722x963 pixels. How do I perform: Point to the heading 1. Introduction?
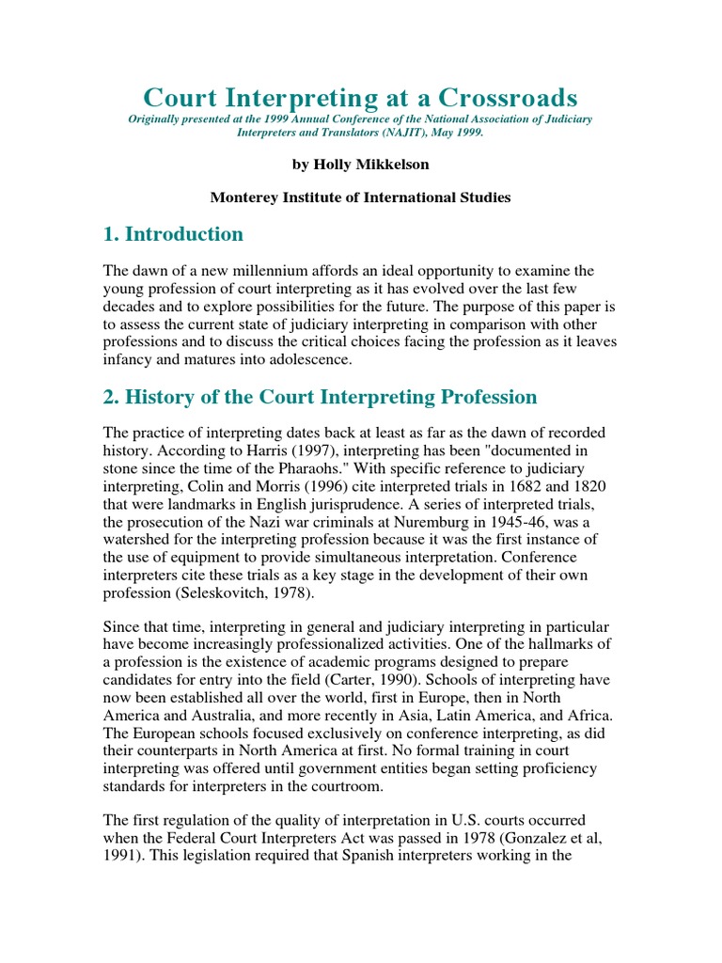point(173,234)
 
